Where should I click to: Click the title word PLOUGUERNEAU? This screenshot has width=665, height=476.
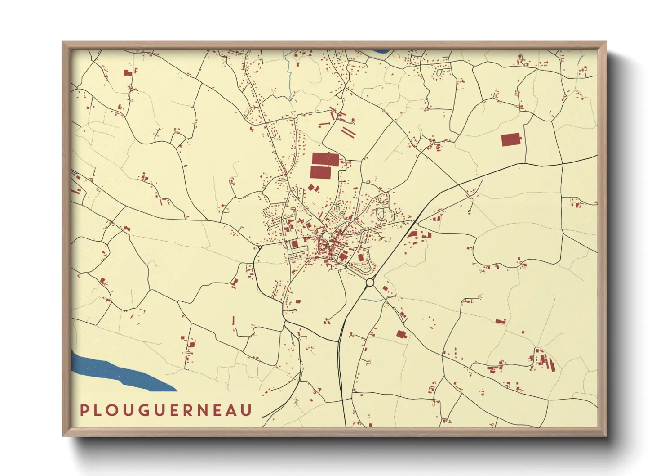(166, 410)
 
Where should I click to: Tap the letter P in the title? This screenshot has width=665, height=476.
(83, 410)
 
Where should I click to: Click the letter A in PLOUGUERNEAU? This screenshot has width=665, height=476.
(231, 410)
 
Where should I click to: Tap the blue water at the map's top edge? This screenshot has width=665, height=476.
(380, 51)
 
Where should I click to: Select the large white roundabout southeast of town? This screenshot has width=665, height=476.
(370, 283)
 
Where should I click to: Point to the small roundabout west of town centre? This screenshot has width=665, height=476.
(260, 247)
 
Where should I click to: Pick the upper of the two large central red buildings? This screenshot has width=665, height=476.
(325, 159)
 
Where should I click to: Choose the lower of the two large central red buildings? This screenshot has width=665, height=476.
(320, 172)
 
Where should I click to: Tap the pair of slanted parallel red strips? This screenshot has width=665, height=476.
(348, 131)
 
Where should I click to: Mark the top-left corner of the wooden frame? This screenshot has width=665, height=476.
(63, 43)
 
